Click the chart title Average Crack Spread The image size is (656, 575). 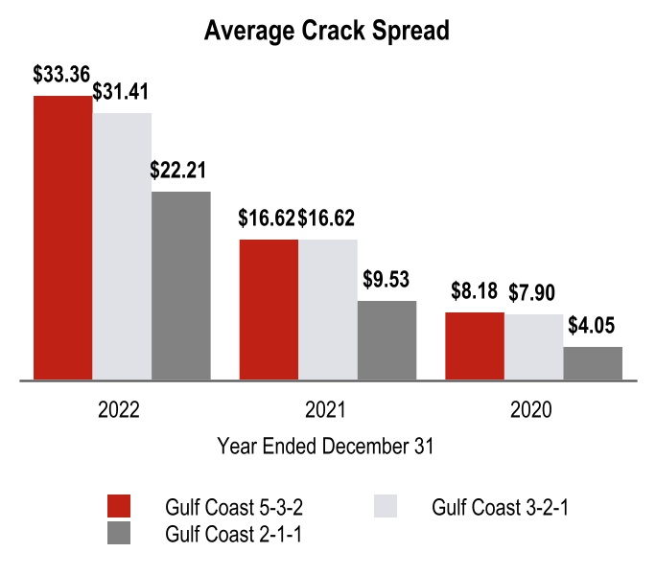point(327,30)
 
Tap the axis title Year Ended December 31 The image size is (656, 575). point(326,446)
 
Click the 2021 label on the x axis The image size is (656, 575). point(326,411)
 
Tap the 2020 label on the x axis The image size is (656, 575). point(532,411)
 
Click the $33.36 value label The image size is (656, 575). point(62,75)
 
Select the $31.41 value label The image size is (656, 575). point(123,92)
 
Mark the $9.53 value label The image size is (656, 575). point(387,280)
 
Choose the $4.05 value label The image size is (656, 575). point(592,326)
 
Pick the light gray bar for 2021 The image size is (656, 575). point(328,310)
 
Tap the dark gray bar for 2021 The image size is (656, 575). point(387,340)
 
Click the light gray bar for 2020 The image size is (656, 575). point(533,347)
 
